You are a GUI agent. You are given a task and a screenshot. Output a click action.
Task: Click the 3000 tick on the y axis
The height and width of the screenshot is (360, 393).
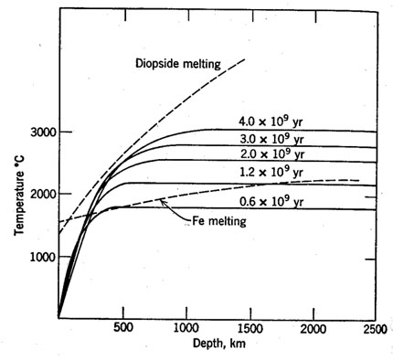pyautogui.click(x=41, y=132)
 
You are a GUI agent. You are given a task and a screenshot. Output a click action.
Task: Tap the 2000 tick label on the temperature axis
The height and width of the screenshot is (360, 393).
pyautogui.click(x=41, y=195)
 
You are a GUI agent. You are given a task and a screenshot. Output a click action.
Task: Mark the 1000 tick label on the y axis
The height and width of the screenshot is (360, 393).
pyautogui.click(x=41, y=257)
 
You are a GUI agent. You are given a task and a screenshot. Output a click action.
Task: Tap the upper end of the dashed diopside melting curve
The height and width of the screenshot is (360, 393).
pyautogui.click(x=246, y=58)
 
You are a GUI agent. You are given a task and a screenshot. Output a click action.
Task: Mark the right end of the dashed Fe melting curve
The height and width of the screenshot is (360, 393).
pyautogui.click(x=358, y=181)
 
